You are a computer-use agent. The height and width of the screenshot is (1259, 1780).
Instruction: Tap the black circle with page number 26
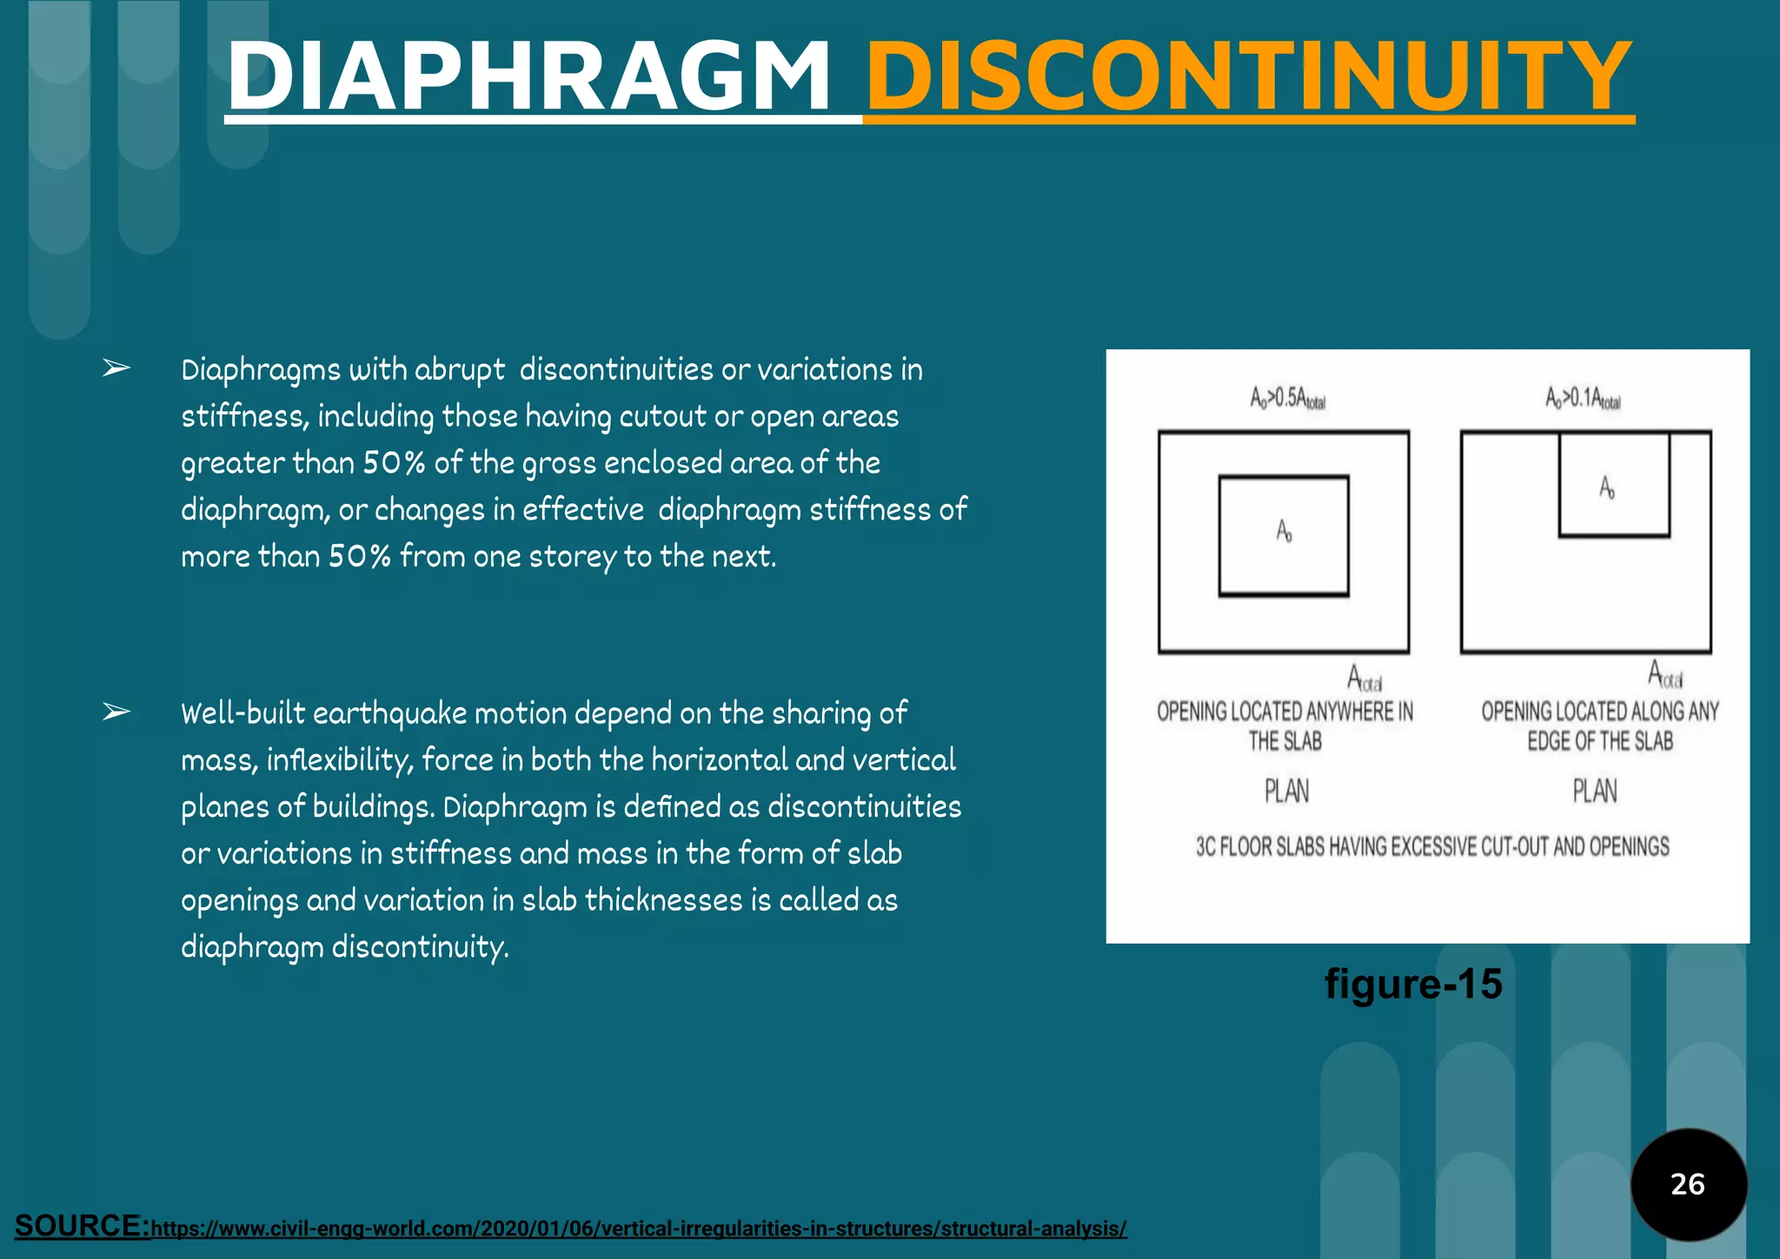(x=1688, y=1183)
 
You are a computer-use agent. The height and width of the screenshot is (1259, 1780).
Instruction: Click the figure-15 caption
(x=1413, y=984)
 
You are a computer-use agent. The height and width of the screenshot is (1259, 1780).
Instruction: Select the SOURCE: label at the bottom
(x=82, y=1226)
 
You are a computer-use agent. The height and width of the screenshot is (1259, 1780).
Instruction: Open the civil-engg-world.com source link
(x=639, y=1229)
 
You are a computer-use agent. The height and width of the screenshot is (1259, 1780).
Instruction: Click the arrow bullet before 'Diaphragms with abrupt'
(x=116, y=368)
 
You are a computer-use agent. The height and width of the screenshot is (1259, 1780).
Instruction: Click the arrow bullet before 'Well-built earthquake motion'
(x=116, y=712)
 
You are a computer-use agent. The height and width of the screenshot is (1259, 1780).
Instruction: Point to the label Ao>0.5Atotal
(x=1287, y=399)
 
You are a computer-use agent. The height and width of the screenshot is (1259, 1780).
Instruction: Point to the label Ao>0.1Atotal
(x=1583, y=399)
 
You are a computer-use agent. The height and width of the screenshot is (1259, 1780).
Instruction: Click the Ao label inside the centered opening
(x=1284, y=531)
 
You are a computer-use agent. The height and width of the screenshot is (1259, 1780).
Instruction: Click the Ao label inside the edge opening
(x=1607, y=488)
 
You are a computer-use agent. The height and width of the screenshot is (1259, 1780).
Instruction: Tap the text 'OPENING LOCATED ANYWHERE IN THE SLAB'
(x=1285, y=726)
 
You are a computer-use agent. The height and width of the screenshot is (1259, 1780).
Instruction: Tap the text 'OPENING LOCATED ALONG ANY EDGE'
(x=1599, y=726)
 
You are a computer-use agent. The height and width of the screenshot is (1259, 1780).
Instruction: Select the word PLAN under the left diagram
(x=1286, y=792)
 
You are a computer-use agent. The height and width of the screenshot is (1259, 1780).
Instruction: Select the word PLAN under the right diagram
(x=1595, y=792)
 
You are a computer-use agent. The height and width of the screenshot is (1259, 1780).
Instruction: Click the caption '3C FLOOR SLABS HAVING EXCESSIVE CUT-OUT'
(x=1431, y=846)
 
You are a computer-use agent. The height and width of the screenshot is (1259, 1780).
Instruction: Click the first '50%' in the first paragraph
(x=394, y=463)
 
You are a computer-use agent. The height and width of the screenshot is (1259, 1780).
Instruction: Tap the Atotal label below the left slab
(x=1365, y=679)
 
